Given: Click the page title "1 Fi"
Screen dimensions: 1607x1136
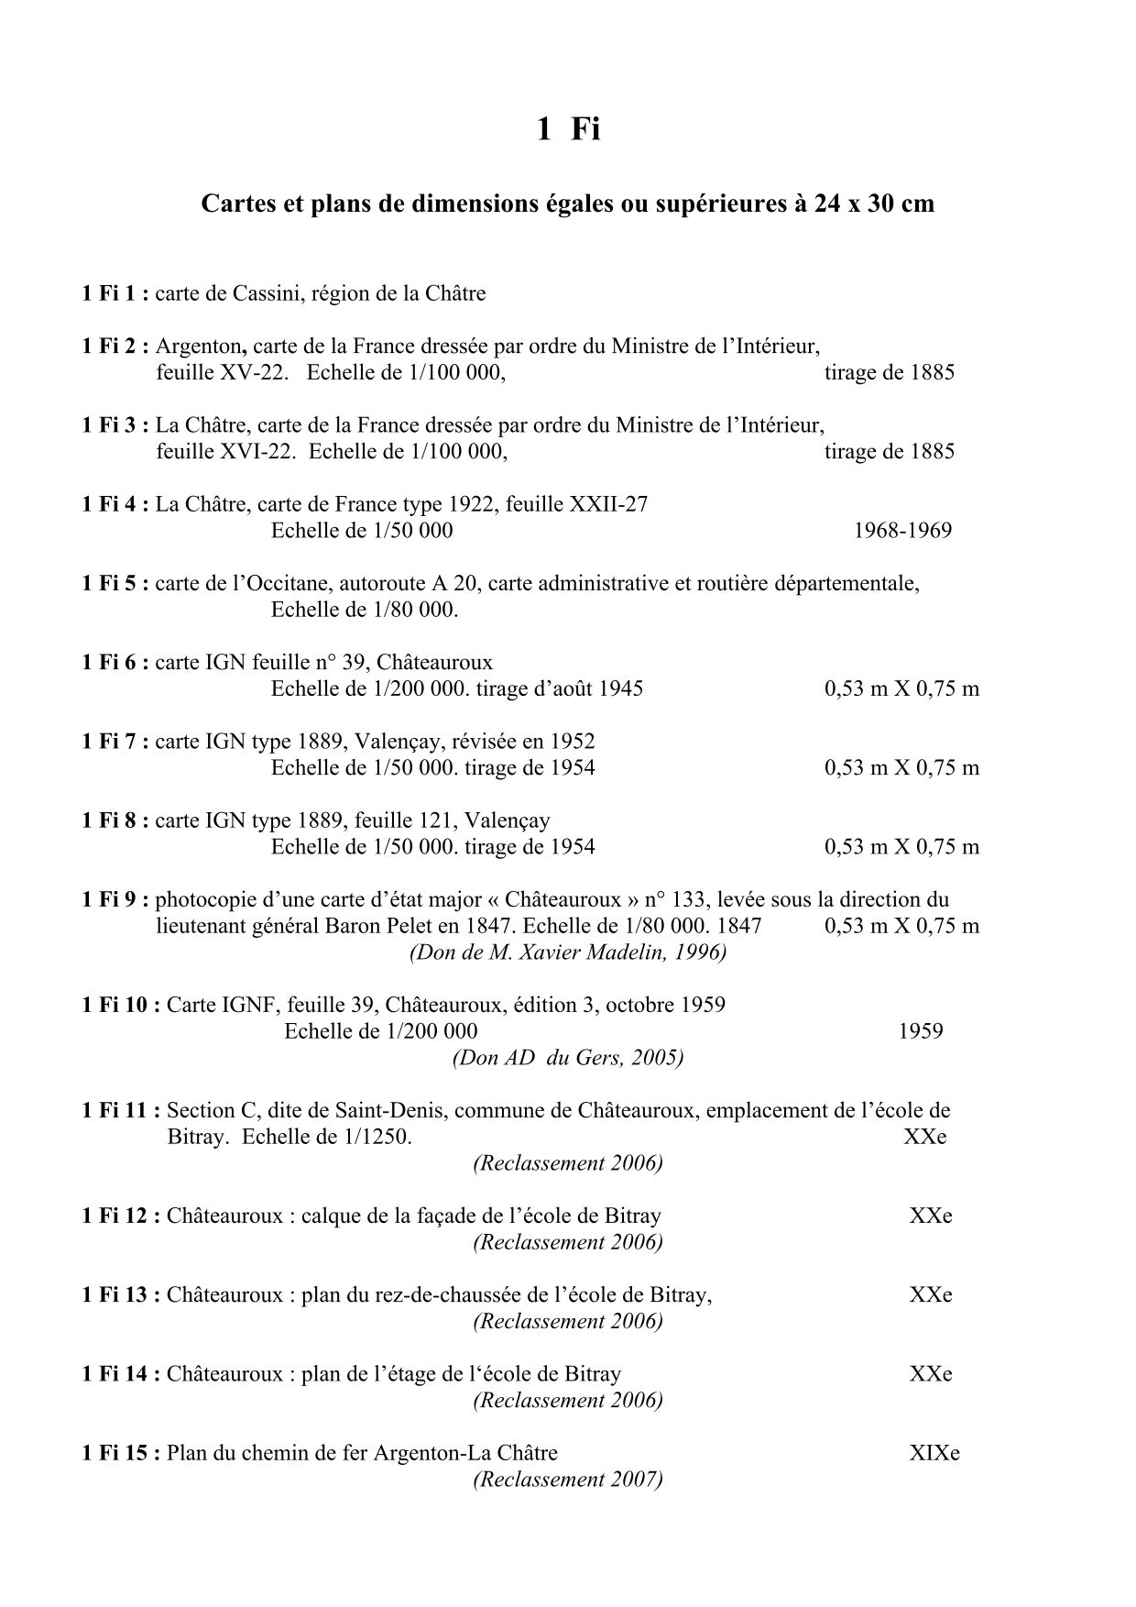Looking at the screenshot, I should click(567, 129).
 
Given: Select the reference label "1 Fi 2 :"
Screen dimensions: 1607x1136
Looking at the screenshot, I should click(115, 347).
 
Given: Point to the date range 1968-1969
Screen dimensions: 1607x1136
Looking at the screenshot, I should click(902, 530).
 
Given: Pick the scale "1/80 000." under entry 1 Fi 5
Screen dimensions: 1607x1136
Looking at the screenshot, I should click(416, 610).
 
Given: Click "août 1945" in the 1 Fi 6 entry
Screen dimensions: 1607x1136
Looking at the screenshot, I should click(598, 688).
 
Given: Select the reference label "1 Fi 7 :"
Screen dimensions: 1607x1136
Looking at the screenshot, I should click(115, 741).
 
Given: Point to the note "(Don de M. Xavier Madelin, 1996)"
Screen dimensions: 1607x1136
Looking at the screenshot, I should click(568, 952).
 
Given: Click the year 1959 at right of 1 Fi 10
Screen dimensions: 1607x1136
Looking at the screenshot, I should click(921, 1030).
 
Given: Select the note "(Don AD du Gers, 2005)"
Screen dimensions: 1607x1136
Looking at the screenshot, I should click(568, 1057).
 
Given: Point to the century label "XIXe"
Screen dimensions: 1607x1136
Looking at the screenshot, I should click(934, 1453).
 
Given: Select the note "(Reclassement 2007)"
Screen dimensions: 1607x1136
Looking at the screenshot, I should click(568, 1480).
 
